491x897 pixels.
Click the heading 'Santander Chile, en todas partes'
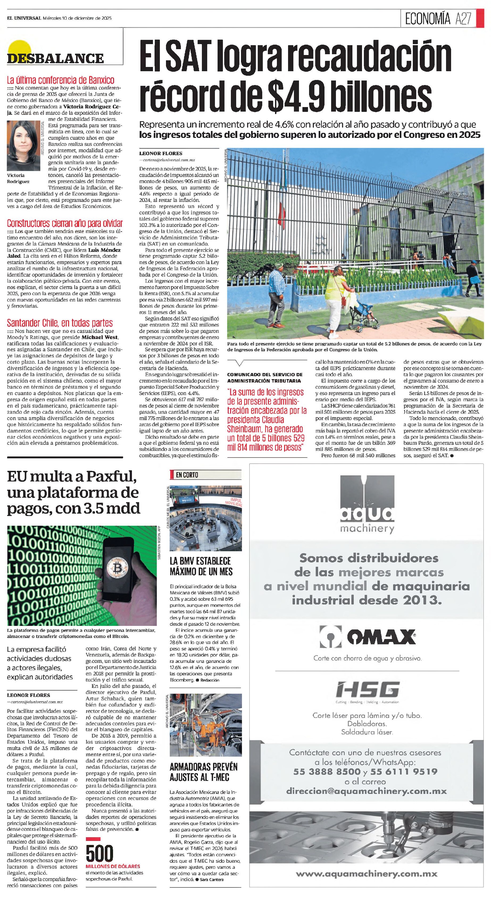(60, 323)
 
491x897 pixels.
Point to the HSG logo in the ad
(367, 689)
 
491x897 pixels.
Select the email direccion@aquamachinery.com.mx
(366, 791)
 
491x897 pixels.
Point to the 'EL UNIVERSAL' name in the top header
(24, 18)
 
